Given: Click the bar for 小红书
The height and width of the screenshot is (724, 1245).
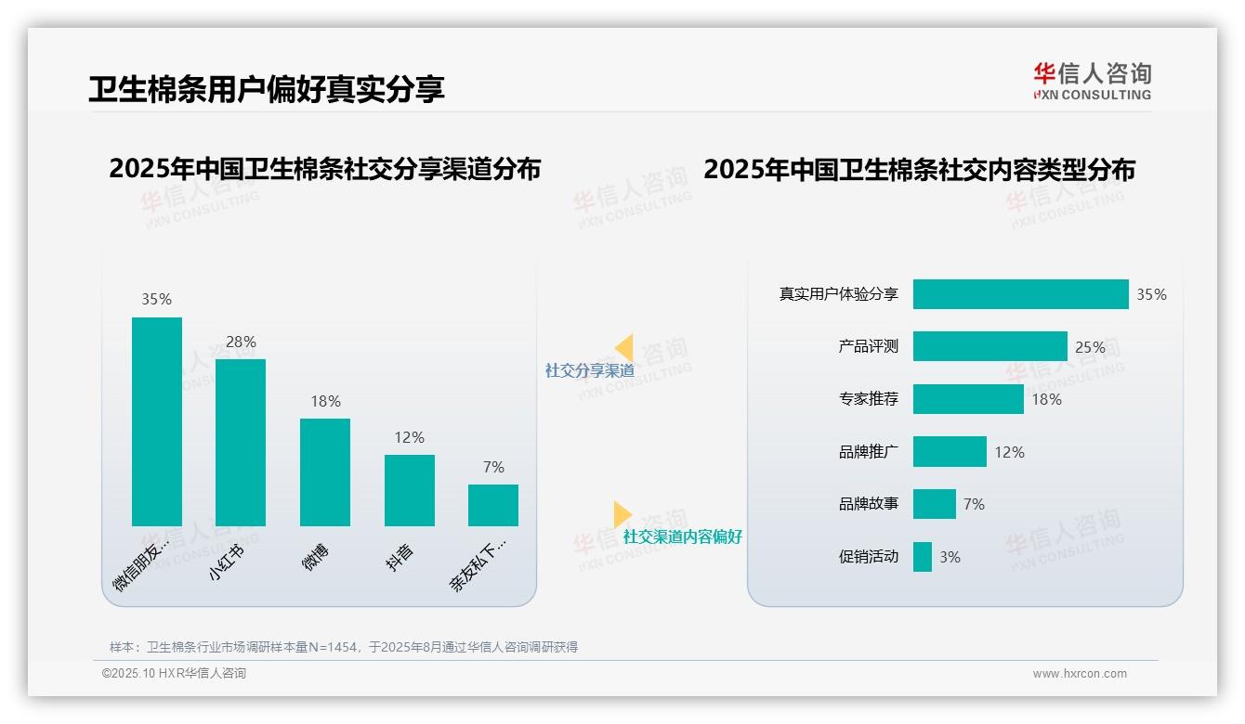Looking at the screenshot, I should pos(241,443).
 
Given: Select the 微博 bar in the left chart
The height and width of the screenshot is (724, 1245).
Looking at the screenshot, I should pos(325,472).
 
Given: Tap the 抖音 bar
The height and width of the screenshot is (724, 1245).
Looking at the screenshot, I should pos(410,490).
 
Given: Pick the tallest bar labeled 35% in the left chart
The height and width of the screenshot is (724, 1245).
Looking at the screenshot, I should pos(157,421).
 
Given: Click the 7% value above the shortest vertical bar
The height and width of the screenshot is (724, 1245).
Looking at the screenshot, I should pos(493,468).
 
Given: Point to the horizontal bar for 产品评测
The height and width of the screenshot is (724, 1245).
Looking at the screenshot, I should pos(989,346).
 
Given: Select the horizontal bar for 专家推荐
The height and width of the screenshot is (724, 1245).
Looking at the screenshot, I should pos(968,399).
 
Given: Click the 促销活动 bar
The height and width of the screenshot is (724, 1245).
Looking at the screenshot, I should pos(923,557).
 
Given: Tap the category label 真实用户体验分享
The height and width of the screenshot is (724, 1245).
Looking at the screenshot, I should pos(838,294).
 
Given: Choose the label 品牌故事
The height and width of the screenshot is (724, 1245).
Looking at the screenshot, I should pos(869,504).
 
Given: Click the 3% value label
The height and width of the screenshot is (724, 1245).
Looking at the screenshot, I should pos(950,557).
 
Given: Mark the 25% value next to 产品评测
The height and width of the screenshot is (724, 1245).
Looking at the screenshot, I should pos(1090,347).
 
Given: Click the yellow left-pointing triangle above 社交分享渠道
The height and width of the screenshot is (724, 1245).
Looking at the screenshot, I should pos(624,348).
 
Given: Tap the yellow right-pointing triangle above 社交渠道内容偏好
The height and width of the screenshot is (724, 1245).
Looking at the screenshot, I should pos(622,514).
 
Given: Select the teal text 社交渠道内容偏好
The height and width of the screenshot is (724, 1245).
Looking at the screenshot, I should pos(683,537).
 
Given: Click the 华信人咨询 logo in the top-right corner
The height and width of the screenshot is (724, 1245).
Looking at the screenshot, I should pos(1093,81).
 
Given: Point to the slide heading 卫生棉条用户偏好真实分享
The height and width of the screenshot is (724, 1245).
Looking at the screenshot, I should pos(267,89).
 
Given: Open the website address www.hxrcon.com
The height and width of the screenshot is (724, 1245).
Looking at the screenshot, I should pos(1080,674).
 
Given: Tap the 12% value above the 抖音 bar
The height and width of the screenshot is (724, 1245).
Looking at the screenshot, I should pos(409,437).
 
